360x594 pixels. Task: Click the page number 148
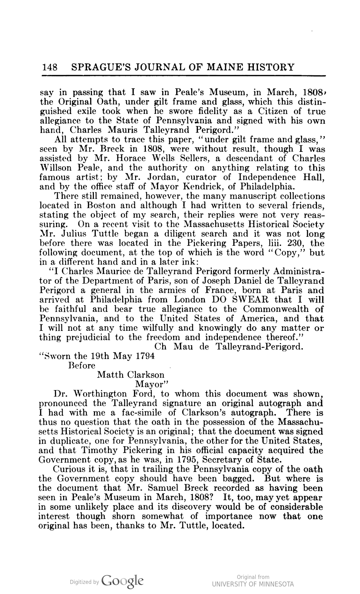tap(49, 67)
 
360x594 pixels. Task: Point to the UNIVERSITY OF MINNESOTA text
tap(253, 584)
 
